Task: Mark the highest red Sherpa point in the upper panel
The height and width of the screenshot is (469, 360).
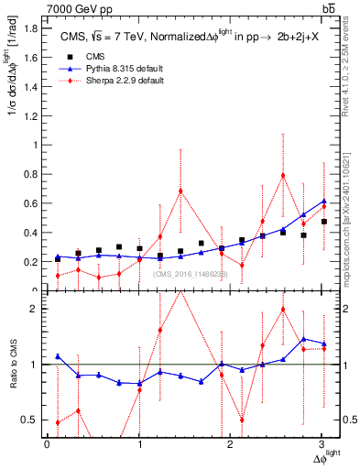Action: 283,175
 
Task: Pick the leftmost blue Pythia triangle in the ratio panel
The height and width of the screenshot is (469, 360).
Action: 58,356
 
